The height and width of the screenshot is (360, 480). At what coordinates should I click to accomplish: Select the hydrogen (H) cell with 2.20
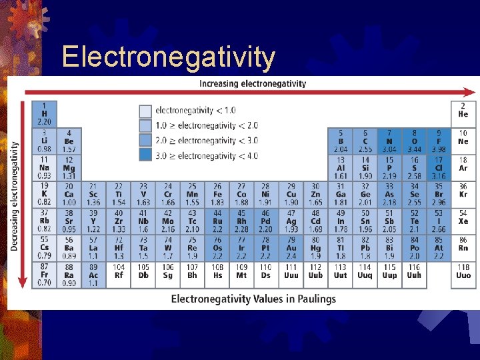pos(44,114)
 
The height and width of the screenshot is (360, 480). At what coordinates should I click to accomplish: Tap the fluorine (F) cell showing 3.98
pos(438,141)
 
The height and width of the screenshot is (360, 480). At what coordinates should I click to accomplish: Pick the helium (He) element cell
pos(463,111)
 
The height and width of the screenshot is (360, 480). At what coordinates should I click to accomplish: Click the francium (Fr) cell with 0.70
pos(44,275)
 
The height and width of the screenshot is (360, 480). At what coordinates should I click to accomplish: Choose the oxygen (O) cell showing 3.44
pos(414,141)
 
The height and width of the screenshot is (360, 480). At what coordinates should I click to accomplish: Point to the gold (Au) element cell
pos(291,247)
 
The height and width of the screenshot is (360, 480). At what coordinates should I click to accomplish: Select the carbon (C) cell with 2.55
pos(365,141)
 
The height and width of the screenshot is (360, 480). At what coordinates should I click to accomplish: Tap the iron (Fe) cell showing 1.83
pos(217,194)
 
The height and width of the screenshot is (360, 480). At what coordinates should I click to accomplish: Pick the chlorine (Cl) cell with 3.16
pos(438,168)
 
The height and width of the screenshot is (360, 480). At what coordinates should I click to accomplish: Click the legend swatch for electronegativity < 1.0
pos(145,111)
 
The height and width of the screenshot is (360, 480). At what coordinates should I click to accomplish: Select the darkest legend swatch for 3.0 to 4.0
pos(145,155)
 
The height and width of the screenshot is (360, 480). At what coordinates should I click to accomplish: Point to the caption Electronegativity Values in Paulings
pos(253,299)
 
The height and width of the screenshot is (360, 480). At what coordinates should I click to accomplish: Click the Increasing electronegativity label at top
pos(253,83)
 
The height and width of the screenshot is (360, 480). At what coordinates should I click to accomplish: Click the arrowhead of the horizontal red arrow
pos(471,93)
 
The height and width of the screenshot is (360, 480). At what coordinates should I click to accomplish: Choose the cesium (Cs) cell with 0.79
pos(44,247)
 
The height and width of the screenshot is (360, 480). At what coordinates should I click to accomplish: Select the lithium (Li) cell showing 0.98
pos(44,141)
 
